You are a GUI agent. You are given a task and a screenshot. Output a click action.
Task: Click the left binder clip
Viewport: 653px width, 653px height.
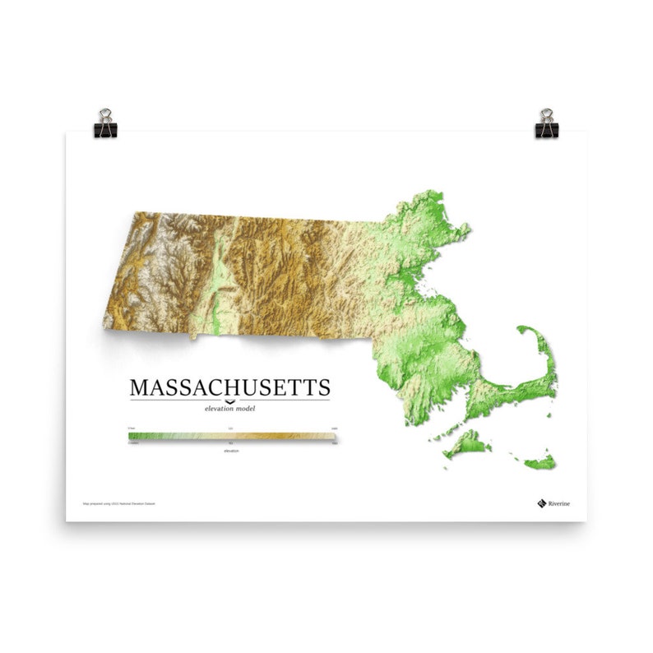coord(105,124)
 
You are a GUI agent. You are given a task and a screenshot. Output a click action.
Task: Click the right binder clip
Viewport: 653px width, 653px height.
coord(546,124)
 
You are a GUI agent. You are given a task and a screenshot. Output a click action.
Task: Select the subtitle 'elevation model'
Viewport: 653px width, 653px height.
coord(229,408)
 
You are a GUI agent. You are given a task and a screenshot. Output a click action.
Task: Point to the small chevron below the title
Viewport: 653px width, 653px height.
coord(229,401)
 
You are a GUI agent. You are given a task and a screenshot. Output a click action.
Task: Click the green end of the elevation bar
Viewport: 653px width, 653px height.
coord(134,436)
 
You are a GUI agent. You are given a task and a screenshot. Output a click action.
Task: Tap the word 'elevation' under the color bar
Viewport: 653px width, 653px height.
coord(231,451)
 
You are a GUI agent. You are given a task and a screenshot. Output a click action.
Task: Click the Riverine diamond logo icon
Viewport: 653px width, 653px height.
coord(541,502)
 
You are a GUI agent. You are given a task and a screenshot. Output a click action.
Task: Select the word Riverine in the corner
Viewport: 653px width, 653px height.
coord(560,502)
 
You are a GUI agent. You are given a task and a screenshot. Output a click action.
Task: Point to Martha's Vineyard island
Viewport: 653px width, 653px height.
coord(466,444)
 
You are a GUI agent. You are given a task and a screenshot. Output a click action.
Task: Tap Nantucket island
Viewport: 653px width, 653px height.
coord(540,463)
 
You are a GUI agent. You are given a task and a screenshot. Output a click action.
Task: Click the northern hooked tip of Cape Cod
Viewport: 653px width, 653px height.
coord(524,330)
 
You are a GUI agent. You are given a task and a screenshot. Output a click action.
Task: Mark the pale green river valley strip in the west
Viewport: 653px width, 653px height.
coord(217,280)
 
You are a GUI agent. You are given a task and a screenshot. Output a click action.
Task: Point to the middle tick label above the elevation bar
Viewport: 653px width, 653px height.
coord(231,428)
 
